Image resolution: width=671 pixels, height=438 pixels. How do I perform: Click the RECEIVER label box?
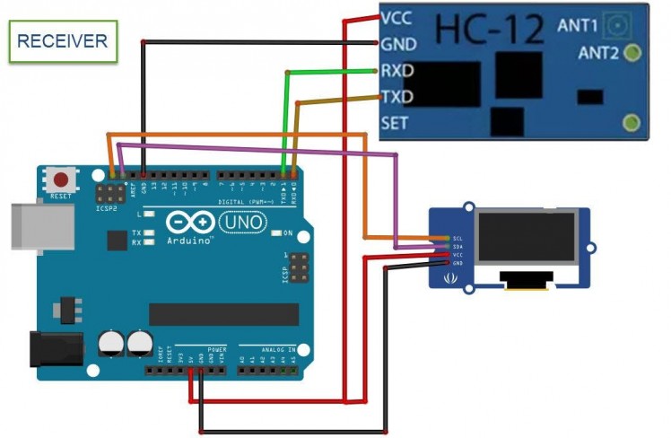63,40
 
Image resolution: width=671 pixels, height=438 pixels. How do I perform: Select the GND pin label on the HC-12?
396,43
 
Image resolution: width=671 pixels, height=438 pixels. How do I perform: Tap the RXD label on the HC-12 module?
396,69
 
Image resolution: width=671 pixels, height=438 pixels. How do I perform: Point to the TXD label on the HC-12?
396,96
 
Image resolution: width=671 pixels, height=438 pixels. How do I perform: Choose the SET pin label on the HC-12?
395,123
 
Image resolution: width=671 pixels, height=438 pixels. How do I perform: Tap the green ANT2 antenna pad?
632,53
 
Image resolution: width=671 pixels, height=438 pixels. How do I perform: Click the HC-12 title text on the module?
490,30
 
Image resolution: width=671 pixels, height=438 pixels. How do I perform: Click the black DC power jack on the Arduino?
56,352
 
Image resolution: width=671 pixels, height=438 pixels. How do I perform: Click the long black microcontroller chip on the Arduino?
223,314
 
